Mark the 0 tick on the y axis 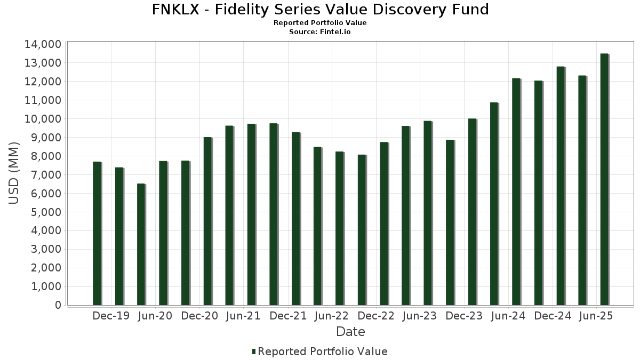point(58,306)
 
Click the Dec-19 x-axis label point(111,316)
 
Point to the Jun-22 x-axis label point(332,316)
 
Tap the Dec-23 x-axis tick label point(465,316)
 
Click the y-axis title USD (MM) point(14,174)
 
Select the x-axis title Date point(350,332)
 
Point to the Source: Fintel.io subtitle point(320,31)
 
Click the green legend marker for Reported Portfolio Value point(254,351)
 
